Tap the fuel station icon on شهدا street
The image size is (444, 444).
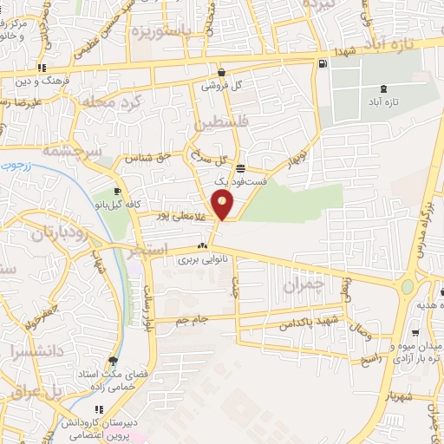pos(323,63)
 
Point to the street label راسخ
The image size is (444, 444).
pos(371,357)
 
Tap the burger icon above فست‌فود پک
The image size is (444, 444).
pos(239,168)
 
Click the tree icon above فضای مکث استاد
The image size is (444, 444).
pos(113,361)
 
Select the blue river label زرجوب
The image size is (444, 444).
pos(15,164)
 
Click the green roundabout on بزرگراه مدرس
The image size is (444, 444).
pos(407,287)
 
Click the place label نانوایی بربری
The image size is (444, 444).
pos(201,258)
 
